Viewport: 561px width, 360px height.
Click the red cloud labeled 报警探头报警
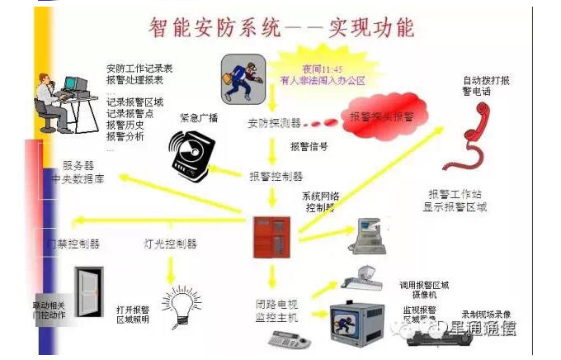381,118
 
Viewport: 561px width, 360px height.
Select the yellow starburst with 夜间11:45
322,74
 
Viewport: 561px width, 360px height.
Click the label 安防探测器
273,124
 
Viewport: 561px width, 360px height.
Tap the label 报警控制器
276,176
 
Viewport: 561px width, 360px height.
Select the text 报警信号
309,147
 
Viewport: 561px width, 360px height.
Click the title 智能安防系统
214,26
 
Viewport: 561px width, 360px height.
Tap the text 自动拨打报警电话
486,87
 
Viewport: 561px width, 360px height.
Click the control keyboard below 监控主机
290,339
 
